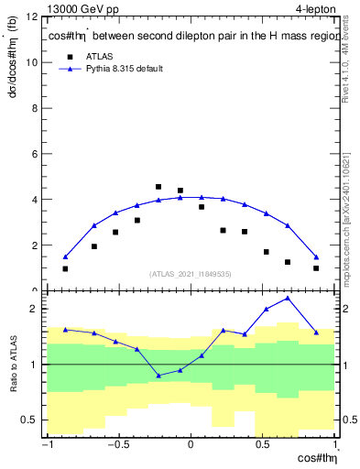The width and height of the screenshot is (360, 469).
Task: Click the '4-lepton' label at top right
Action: [x=313, y=9]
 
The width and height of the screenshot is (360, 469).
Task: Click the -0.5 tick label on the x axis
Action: [x=117, y=445]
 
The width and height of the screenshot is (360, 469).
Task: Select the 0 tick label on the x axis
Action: [x=191, y=445]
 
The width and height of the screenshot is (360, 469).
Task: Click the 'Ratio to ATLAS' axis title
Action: [x=13, y=364]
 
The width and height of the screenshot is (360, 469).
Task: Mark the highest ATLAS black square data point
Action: [x=158, y=187]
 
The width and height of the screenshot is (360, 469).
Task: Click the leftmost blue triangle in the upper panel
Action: [x=65, y=257]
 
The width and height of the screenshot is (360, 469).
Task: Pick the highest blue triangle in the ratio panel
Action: [x=288, y=298]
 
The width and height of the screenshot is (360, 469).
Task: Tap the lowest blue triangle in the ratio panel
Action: [x=158, y=376]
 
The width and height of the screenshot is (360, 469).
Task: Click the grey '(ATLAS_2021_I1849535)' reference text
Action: [x=191, y=274]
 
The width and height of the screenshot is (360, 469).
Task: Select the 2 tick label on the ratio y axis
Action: [x=34, y=309]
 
